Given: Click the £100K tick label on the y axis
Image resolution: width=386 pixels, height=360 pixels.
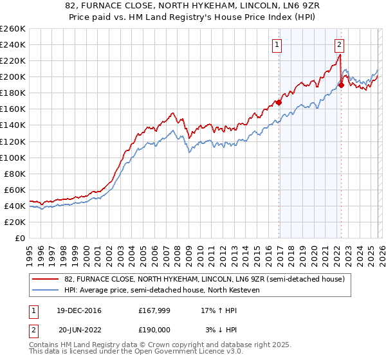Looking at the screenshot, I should click(12, 157).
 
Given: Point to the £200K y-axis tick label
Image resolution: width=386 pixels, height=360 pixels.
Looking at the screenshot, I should click(12, 76).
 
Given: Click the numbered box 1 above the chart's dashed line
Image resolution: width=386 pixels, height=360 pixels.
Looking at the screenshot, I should click(277, 44).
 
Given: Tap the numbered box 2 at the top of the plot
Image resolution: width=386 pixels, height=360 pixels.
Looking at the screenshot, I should click(339, 44).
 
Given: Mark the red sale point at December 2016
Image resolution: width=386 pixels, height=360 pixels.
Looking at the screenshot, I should click(279, 102).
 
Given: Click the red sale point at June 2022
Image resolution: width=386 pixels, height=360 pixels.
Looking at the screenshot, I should click(342, 84).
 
